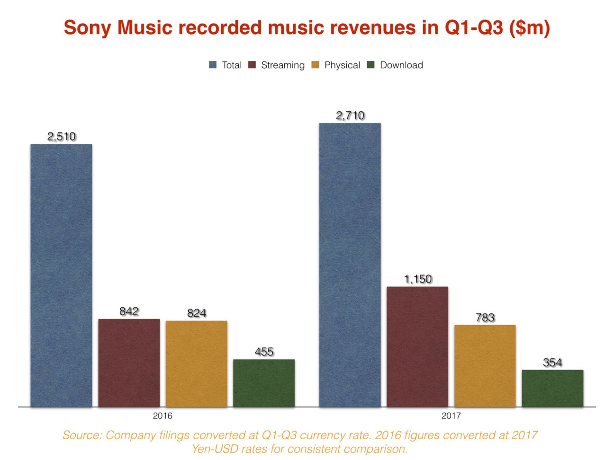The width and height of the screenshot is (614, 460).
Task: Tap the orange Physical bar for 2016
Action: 196,364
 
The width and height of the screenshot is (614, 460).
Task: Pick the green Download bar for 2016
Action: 264,383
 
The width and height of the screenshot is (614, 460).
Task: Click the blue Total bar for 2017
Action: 350,265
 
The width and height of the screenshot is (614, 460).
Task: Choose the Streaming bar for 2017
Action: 417,346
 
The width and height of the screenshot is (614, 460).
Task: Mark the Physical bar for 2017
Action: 485,366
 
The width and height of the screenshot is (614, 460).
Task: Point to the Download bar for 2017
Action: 552,388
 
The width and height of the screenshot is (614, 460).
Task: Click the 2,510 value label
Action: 62,137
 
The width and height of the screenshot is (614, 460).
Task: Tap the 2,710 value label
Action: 350,115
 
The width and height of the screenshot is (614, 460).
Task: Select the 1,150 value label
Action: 418,279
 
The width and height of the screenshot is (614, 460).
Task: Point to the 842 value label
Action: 129,311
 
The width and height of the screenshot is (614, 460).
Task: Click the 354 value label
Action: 552,363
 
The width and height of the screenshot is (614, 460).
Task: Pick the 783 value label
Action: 485,318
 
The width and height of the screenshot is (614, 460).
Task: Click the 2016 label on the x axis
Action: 163,416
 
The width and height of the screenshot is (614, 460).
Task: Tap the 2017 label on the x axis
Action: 451,416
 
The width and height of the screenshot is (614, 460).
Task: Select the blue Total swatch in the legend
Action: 213,65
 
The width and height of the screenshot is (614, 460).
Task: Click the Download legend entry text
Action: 401,65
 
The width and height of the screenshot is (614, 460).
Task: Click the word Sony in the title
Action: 88,28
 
